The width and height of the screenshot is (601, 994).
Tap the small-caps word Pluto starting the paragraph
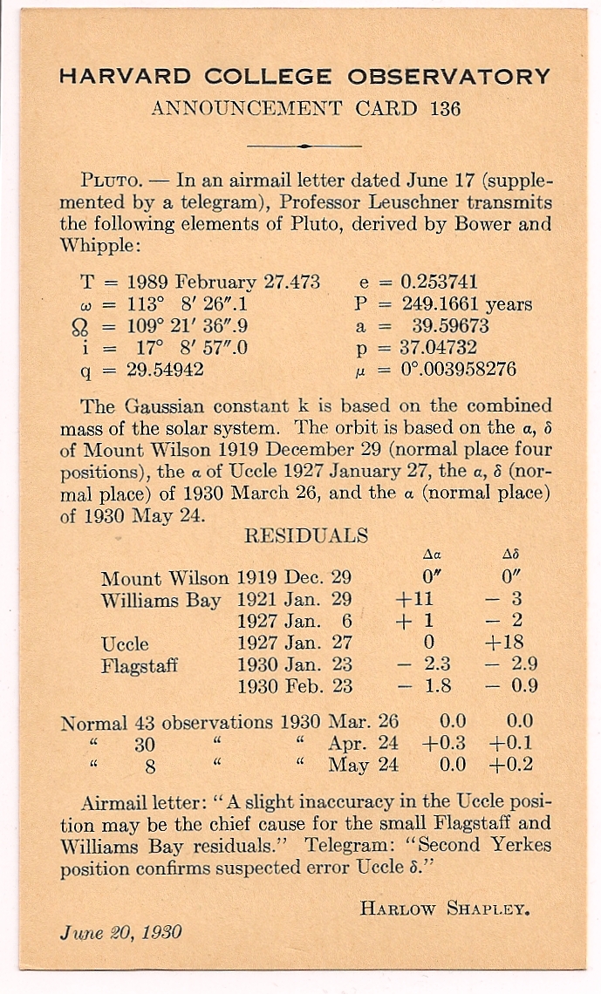[x=111, y=182]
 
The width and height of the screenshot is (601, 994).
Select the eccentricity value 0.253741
[x=439, y=283]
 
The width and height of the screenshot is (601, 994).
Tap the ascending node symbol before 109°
[x=88, y=327]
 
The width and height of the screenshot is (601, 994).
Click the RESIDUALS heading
[x=306, y=535]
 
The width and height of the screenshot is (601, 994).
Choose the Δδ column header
[x=511, y=554]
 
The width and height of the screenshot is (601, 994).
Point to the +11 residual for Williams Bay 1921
[x=414, y=600]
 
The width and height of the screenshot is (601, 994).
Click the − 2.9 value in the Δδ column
[x=512, y=665]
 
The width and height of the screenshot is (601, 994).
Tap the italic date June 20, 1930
[x=121, y=932]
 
